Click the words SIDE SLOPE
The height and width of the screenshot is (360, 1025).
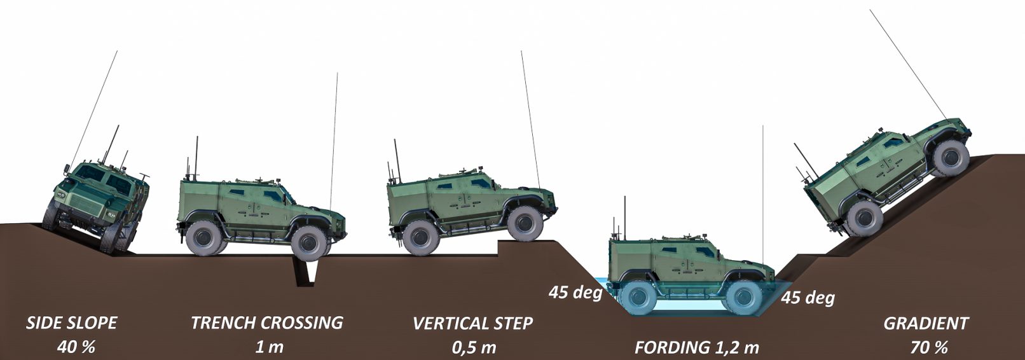pos(72,323)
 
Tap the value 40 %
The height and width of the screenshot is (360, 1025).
pos(76,347)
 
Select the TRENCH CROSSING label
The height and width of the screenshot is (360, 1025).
pos(267,323)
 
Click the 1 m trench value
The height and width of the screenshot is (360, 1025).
pos(269,347)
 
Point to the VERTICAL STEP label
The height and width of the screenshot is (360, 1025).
pos(472,323)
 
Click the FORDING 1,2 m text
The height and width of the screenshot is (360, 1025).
pos(696,348)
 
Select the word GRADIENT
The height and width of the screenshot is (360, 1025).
pos(926,323)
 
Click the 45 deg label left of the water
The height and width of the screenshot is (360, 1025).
pos(575,292)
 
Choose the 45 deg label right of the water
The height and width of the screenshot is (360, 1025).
pos(808,298)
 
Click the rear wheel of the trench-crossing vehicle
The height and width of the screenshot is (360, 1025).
pos(204,238)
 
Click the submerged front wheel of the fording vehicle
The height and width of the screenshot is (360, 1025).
pos(744,297)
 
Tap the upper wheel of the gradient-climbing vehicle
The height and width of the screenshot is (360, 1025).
pos(951,158)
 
